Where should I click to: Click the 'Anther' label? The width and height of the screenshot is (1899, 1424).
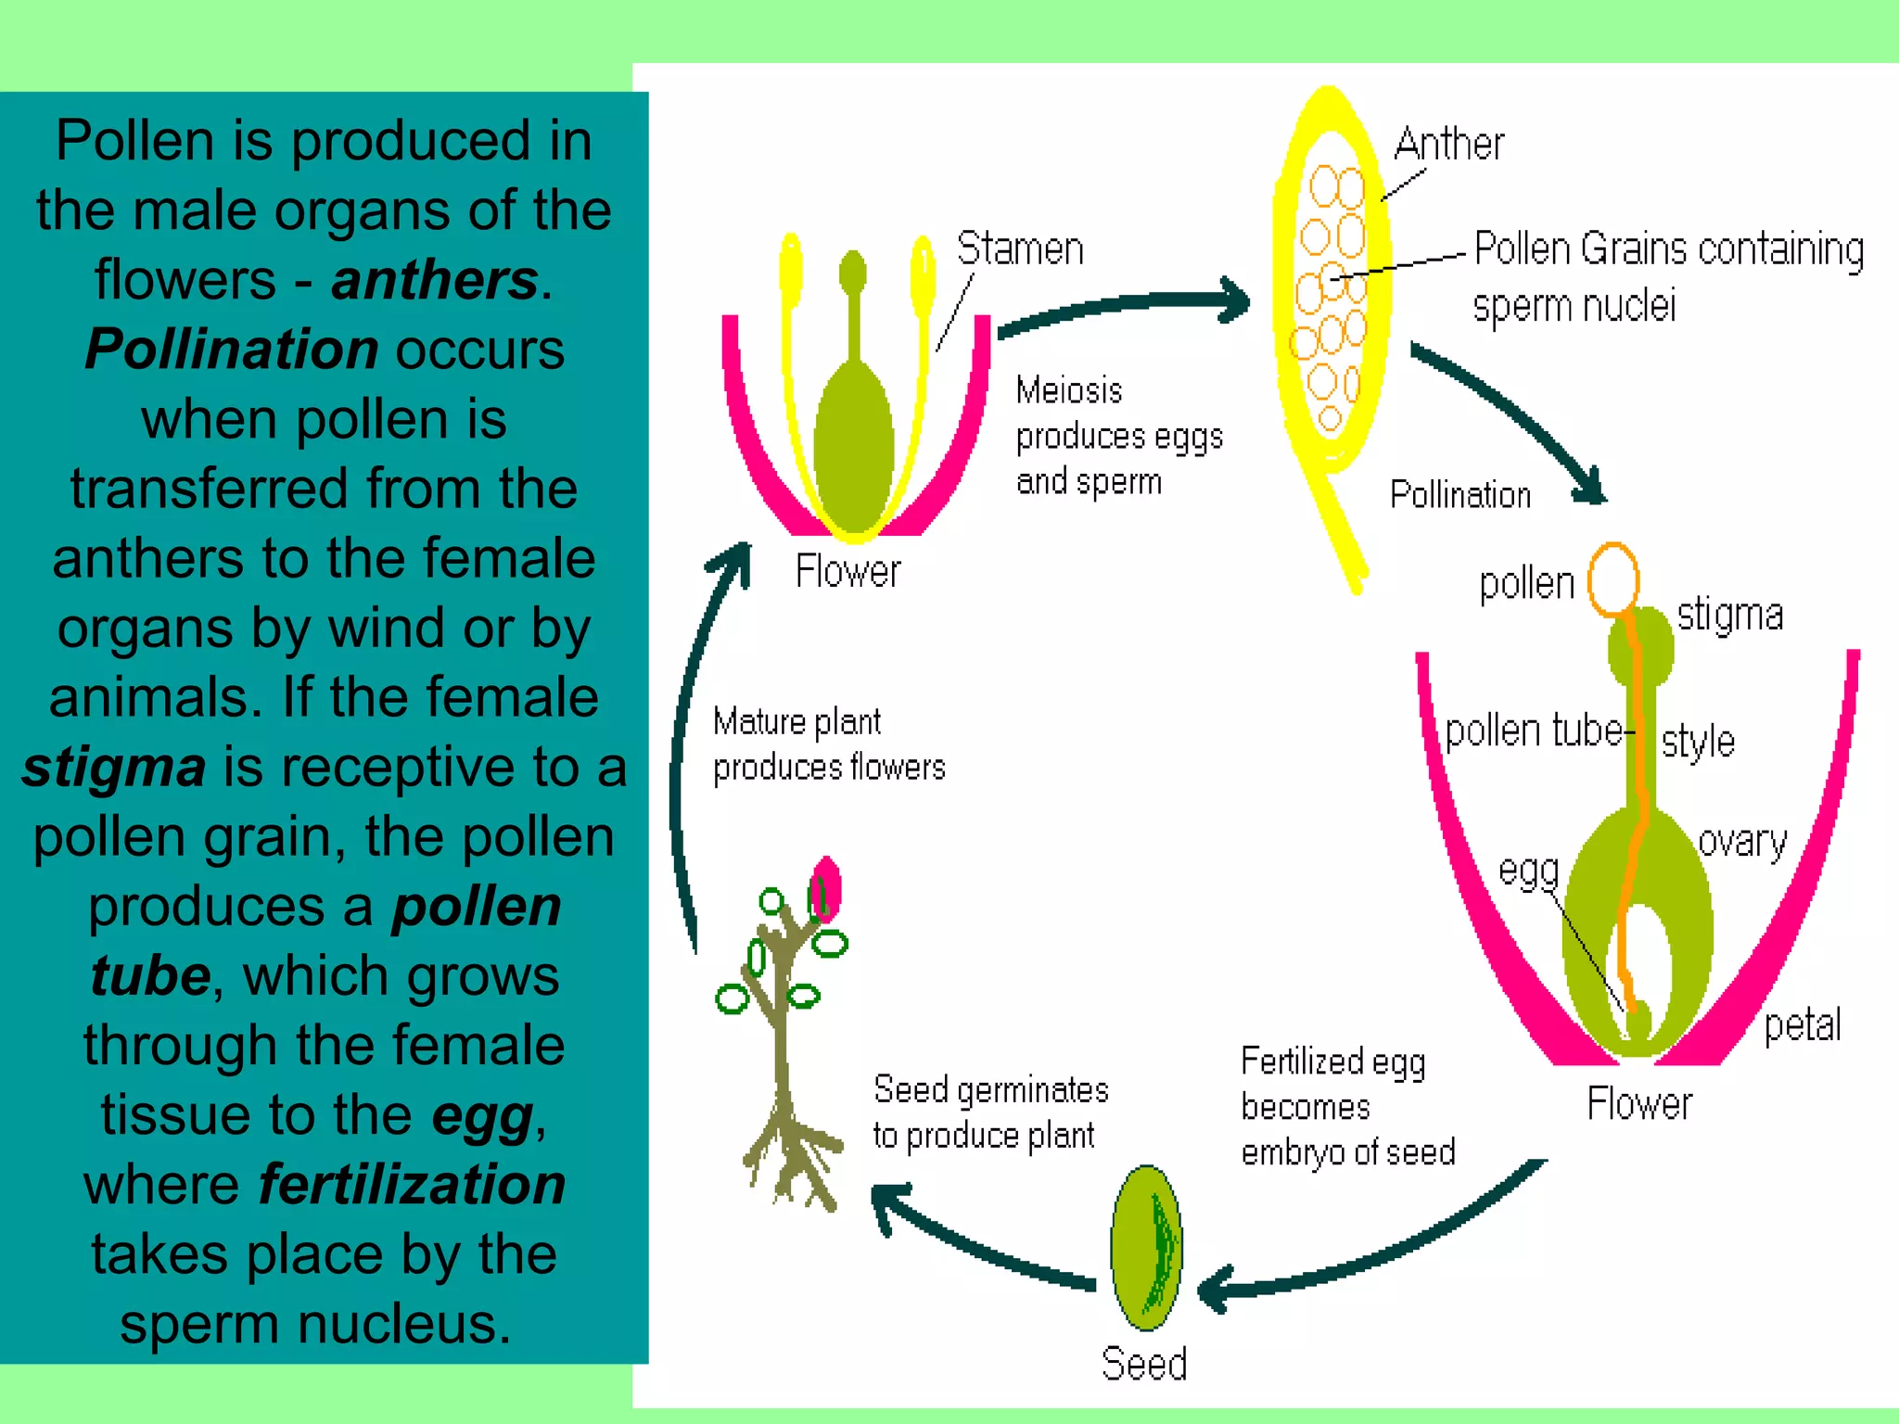pyautogui.click(x=1448, y=145)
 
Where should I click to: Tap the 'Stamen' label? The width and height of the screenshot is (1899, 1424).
pyautogui.click(x=1019, y=249)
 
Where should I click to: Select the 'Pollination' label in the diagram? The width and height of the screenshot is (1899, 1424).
pyautogui.click(x=1459, y=495)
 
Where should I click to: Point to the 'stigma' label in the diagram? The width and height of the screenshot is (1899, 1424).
pyautogui.click(x=1729, y=615)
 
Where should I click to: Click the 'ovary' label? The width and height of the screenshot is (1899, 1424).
pyautogui.click(x=1742, y=842)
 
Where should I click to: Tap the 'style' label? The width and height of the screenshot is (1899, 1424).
pyautogui.click(x=1697, y=742)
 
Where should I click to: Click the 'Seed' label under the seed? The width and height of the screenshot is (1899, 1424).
pyautogui.click(x=1143, y=1364)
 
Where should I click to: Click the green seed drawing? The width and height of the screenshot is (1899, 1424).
pyautogui.click(x=1147, y=1248)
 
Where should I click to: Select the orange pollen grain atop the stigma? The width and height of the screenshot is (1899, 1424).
pyautogui.click(x=1613, y=580)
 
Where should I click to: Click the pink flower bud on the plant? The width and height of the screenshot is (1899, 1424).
pyautogui.click(x=824, y=890)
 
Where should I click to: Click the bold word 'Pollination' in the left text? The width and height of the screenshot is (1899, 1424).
pyautogui.click(x=232, y=350)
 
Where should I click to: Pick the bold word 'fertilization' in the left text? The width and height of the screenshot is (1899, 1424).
pyautogui.click(x=412, y=1185)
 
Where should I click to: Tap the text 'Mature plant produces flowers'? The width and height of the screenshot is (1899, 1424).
pyautogui.click(x=828, y=744)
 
